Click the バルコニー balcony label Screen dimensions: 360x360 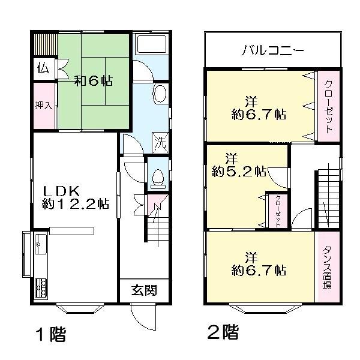coord(273,50)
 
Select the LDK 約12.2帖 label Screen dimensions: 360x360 coord(75,197)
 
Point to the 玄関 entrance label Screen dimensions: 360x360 coord(144,291)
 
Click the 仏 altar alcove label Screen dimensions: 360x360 coord(43,67)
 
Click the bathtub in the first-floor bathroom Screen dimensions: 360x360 coord(152,46)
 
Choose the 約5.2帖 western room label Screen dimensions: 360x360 coord(238,166)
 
